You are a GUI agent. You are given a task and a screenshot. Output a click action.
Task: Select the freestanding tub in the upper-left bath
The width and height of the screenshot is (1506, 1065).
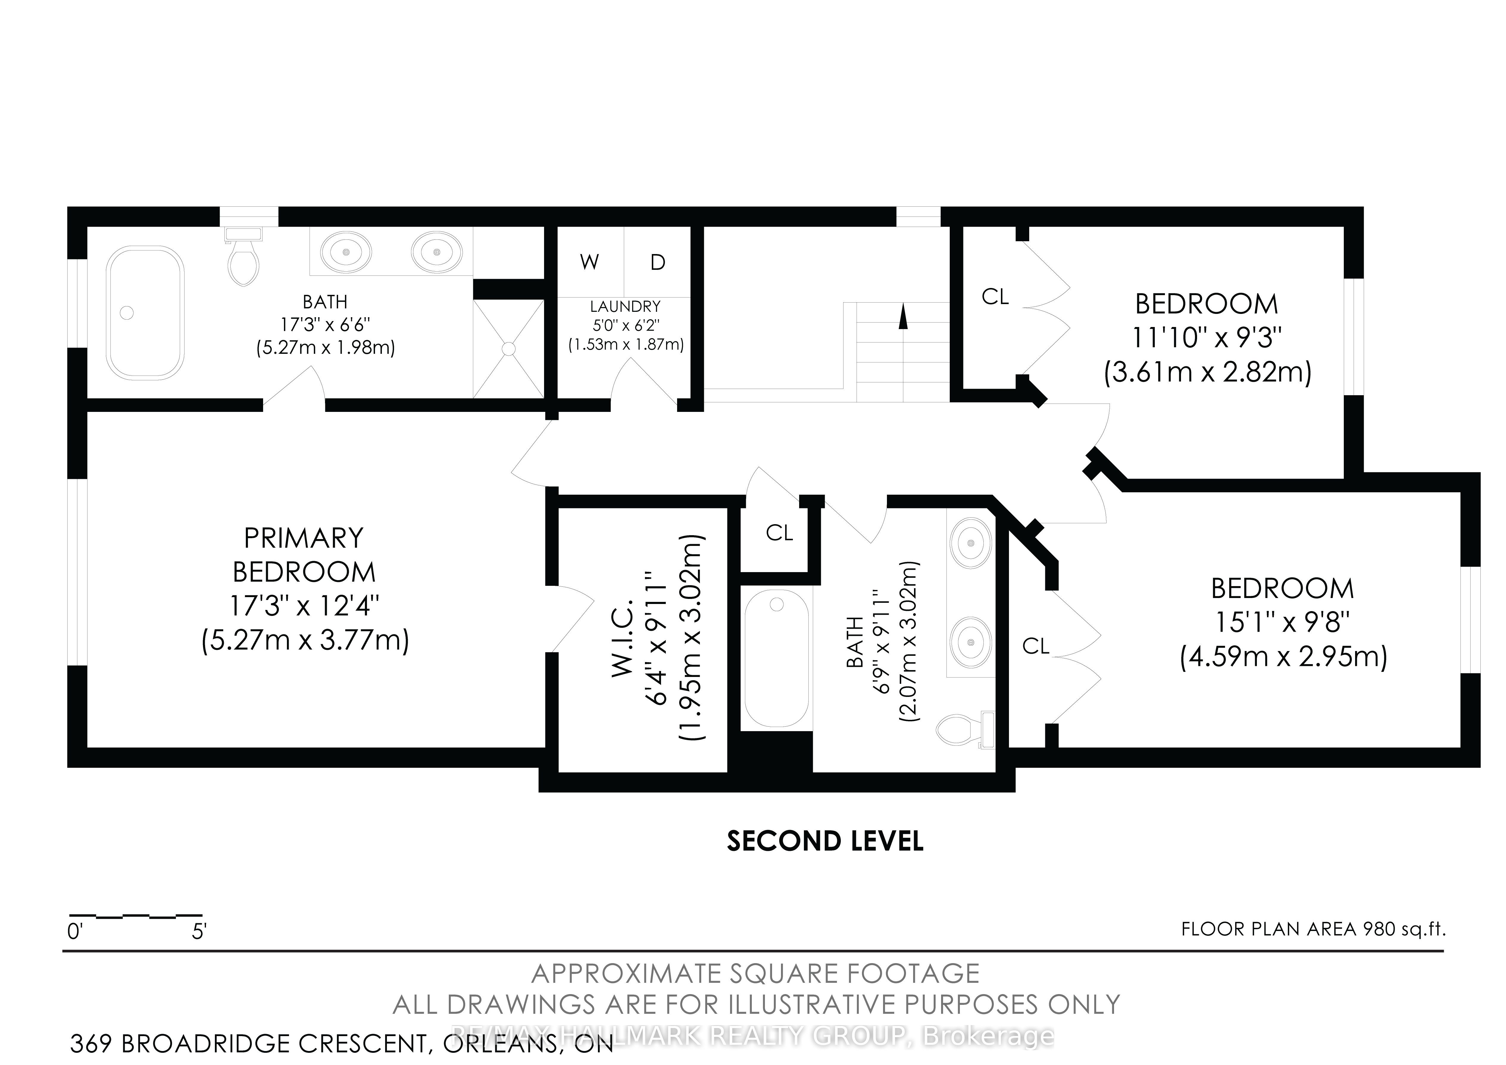click(x=146, y=312)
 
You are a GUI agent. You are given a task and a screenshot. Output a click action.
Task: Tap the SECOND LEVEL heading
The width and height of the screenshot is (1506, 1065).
click(x=825, y=841)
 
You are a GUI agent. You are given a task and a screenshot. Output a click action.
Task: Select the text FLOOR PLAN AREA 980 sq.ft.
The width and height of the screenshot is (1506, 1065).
click(x=1313, y=929)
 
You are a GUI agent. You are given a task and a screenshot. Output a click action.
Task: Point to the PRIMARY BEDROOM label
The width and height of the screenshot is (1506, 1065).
click(x=304, y=555)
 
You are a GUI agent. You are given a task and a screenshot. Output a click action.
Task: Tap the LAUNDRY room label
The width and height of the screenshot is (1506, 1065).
click(x=625, y=306)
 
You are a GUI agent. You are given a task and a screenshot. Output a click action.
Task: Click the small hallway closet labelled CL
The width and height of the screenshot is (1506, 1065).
click(x=779, y=533)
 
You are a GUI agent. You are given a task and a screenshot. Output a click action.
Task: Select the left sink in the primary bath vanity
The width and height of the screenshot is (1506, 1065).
click(x=346, y=251)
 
